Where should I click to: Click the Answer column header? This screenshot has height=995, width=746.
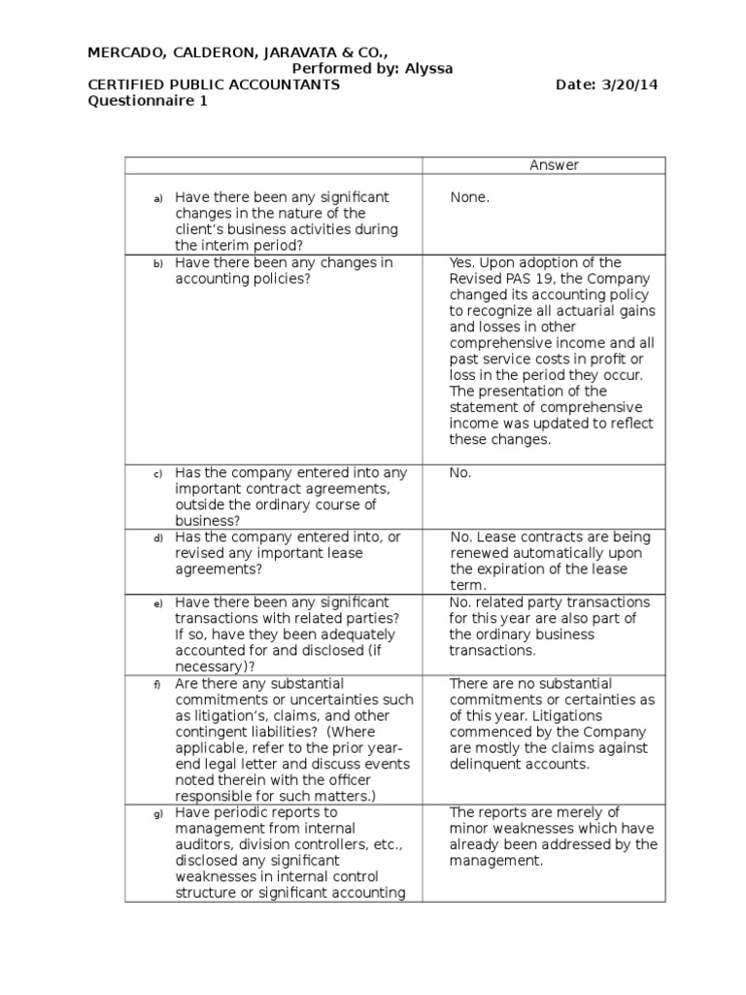(554, 165)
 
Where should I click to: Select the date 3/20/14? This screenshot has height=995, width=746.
(631, 85)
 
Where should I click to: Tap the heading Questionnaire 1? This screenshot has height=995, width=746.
(148, 101)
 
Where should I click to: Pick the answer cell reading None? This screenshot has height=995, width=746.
(470, 197)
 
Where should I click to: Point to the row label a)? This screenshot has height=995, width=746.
(157, 199)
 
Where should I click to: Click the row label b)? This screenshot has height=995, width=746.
(157, 264)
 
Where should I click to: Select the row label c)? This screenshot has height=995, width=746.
(157, 474)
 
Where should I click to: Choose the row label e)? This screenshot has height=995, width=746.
(157, 604)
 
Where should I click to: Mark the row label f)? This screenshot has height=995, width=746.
(156, 685)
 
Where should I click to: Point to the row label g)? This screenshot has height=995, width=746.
(157, 814)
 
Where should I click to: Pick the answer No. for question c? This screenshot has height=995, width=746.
(460, 473)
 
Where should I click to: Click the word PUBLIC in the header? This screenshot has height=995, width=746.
(195, 85)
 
